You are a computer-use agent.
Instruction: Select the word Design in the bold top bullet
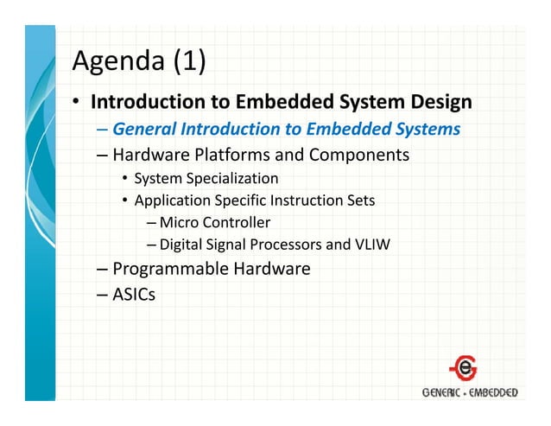coord(438,102)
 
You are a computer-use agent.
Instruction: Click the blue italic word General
coord(143,130)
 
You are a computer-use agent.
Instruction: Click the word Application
coord(171,201)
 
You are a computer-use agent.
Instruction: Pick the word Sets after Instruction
coord(359,201)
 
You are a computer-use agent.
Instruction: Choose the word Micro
coord(179,223)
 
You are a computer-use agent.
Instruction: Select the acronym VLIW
coord(373,245)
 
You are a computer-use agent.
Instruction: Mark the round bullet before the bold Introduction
coord(77,103)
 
